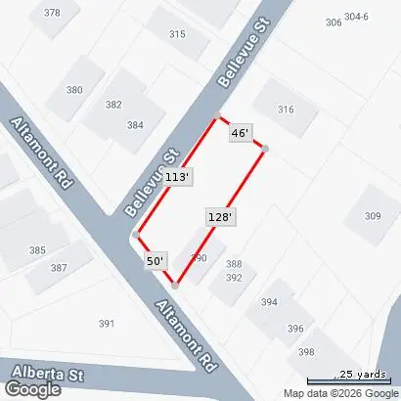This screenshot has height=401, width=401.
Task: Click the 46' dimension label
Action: (241, 132)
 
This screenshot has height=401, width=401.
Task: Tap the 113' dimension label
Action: (177, 177)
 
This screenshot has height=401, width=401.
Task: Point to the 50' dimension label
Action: (156, 261)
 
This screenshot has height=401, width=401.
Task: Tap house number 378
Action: (52, 13)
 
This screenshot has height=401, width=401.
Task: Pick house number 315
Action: (177, 34)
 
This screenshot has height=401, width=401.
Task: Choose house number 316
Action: (285, 110)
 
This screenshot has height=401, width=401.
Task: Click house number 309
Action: (373, 215)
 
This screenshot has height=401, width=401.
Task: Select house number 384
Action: (134, 125)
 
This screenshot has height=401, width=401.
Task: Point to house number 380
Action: (75, 90)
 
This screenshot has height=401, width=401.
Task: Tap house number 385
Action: (37, 250)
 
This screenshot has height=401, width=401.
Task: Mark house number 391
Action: (108, 323)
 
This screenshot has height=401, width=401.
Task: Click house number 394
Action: (268, 303)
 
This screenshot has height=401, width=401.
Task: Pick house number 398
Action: (306, 352)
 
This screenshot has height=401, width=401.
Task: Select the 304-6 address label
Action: (356, 17)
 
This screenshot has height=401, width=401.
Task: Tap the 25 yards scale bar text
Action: (363, 374)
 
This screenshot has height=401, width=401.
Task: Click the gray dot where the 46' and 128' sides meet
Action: (264, 148)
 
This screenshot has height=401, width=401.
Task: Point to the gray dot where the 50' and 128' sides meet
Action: (174, 286)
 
